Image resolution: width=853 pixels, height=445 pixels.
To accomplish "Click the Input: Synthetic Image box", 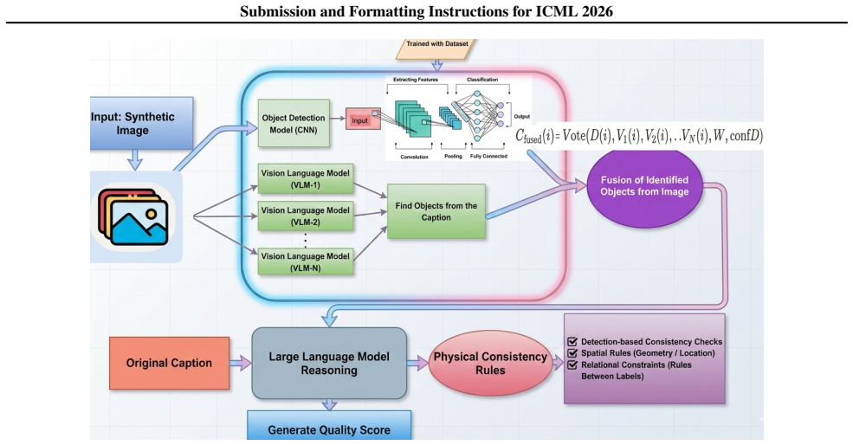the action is coord(141,124).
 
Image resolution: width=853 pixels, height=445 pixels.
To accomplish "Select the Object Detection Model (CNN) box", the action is coord(294,124).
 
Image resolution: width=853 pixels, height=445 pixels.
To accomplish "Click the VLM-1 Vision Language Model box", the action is coord(306,179).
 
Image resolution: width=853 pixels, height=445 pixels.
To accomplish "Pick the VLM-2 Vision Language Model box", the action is coord(306,216).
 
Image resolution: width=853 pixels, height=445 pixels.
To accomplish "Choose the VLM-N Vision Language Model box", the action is coord(306,261).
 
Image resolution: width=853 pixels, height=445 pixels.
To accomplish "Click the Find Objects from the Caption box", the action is coord(436,211).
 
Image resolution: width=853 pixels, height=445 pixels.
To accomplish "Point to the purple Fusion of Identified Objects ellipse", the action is coord(644,186).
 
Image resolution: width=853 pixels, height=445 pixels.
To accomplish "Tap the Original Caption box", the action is coord(169,363).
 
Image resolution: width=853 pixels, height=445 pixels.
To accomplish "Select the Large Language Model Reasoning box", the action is coord(329,364).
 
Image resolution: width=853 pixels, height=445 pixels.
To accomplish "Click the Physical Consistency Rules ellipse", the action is coord(491,364).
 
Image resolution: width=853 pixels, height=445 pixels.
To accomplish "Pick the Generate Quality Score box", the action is coord(329,426).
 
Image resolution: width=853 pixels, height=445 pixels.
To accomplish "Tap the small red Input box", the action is coord(363,120).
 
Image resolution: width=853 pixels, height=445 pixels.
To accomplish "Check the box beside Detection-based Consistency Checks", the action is coord(572,342).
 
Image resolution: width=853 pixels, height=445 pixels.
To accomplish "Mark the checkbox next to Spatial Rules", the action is coord(572,353).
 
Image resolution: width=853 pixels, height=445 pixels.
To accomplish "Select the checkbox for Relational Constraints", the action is coord(572,364).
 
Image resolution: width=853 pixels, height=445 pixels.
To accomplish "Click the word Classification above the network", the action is coord(482,80).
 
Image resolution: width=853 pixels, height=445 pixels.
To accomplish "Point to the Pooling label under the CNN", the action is coord(453,156).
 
